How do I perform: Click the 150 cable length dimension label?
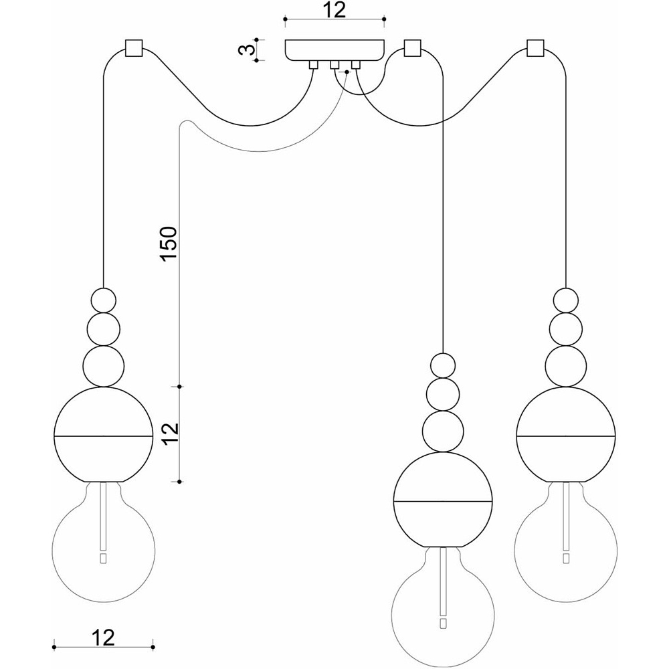tap(168, 244)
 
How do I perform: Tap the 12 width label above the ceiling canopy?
tap(334, 10)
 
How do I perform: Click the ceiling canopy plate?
tap(334, 50)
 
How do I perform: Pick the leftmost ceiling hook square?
tap(133, 49)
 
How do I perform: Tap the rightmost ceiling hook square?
tap(535, 48)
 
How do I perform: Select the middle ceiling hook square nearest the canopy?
tap(411, 48)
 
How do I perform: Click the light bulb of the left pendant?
tap(104, 542)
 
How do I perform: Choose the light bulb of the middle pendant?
tap(443, 607)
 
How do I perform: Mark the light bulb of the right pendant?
tap(566, 542)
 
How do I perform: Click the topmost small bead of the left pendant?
tap(104, 301)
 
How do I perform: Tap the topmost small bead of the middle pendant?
tap(443, 366)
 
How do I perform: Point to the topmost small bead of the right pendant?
tap(566, 301)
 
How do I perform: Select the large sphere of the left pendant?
tap(104, 434)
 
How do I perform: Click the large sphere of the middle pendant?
tap(443, 500)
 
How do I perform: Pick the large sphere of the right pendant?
tap(566, 434)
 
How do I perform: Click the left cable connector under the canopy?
tap(314, 65)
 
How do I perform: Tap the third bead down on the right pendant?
tap(566, 367)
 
